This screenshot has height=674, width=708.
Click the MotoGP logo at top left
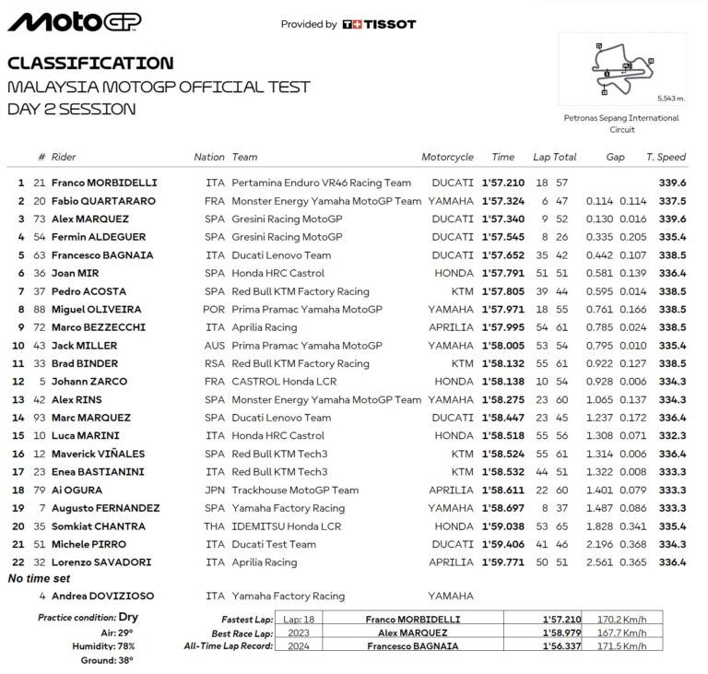74,21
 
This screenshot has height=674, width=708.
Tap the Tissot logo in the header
378,25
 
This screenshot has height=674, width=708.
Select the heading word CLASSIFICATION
89,64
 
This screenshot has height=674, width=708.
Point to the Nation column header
209,157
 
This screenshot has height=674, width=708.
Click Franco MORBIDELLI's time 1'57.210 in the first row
503,183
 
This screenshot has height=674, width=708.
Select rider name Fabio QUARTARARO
103,201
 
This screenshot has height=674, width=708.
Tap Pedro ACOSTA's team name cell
301,291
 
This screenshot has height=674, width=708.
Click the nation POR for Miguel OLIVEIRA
213,309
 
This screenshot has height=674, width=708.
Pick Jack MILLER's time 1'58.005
503,346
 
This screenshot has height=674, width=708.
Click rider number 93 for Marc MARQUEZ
39,418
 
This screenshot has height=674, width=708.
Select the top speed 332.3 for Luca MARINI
672,435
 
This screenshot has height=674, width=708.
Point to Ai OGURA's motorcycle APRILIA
451,490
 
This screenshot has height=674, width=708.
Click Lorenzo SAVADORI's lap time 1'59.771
503,562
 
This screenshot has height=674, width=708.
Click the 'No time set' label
40,578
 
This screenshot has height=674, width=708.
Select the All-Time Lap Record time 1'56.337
561,649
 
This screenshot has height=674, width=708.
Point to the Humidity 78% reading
102,645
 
